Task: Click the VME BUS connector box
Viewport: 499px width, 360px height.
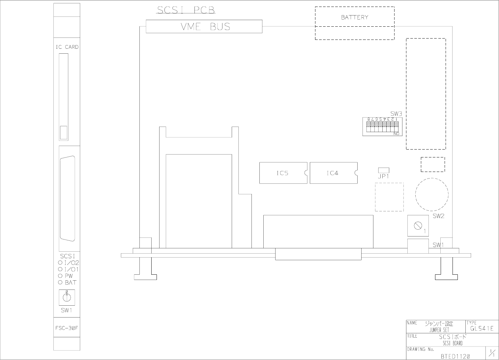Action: [204, 27]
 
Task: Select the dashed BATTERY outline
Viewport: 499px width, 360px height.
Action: [355, 23]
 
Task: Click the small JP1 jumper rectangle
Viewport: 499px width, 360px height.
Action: [384, 170]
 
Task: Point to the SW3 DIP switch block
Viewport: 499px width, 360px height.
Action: [382, 126]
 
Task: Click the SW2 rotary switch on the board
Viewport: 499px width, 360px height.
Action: [418, 226]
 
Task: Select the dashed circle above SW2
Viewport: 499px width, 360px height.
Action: [432, 194]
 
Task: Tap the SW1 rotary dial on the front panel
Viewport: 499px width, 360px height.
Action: [67, 297]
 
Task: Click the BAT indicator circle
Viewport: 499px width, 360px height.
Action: [60, 283]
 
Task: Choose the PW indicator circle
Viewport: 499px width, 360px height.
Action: [60, 276]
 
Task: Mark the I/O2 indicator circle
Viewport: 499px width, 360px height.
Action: [60, 263]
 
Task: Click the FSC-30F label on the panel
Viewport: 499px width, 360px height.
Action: [67, 328]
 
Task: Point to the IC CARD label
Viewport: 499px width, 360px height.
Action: [67, 47]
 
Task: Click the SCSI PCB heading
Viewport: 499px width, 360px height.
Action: [186, 11]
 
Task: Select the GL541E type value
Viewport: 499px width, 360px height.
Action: [482, 328]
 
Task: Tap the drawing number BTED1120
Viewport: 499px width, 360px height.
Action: [455, 356]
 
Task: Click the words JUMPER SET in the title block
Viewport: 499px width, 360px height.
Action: [439, 330]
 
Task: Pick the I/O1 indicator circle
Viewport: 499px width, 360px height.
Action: [60, 269]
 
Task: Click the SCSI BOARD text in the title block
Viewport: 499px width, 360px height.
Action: [452, 343]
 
